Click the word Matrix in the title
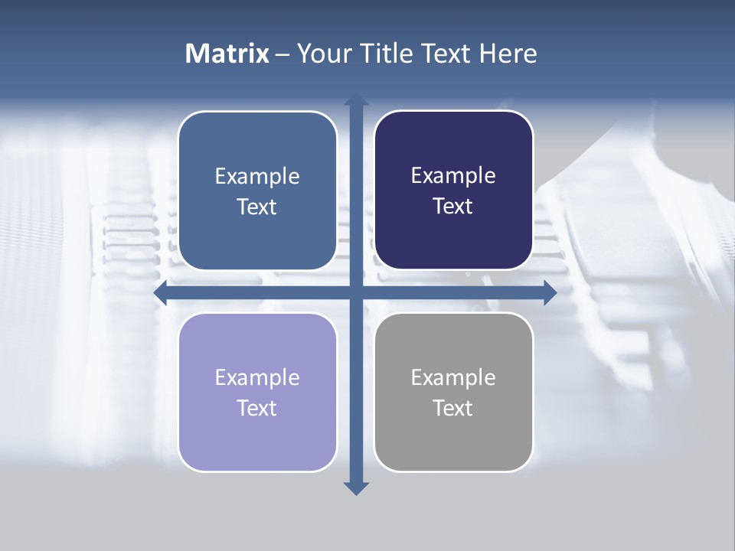pyautogui.click(x=227, y=54)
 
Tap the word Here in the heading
pyautogui.click(x=508, y=54)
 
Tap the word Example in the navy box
pyautogui.click(x=453, y=176)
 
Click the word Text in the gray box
pyautogui.click(x=453, y=408)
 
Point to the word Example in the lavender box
pyautogui.click(x=257, y=378)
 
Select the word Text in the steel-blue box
pyautogui.click(x=257, y=207)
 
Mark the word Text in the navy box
pyautogui.click(x=453, y=206)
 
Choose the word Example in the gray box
pyautogui.click(x=453, y=378)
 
